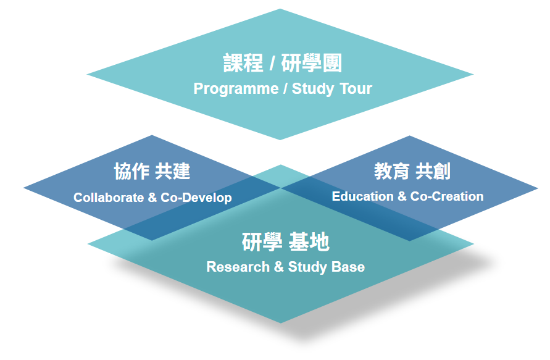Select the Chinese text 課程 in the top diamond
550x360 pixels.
[243, 64]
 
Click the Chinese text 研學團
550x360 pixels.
[311, 64]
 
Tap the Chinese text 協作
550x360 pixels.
[131, 172]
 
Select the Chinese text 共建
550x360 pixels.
[173, 172]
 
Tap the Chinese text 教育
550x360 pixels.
[392, 171]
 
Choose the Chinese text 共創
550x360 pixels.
[433, 171]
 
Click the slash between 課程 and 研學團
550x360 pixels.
[272, 64]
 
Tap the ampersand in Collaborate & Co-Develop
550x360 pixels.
[153, 198]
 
